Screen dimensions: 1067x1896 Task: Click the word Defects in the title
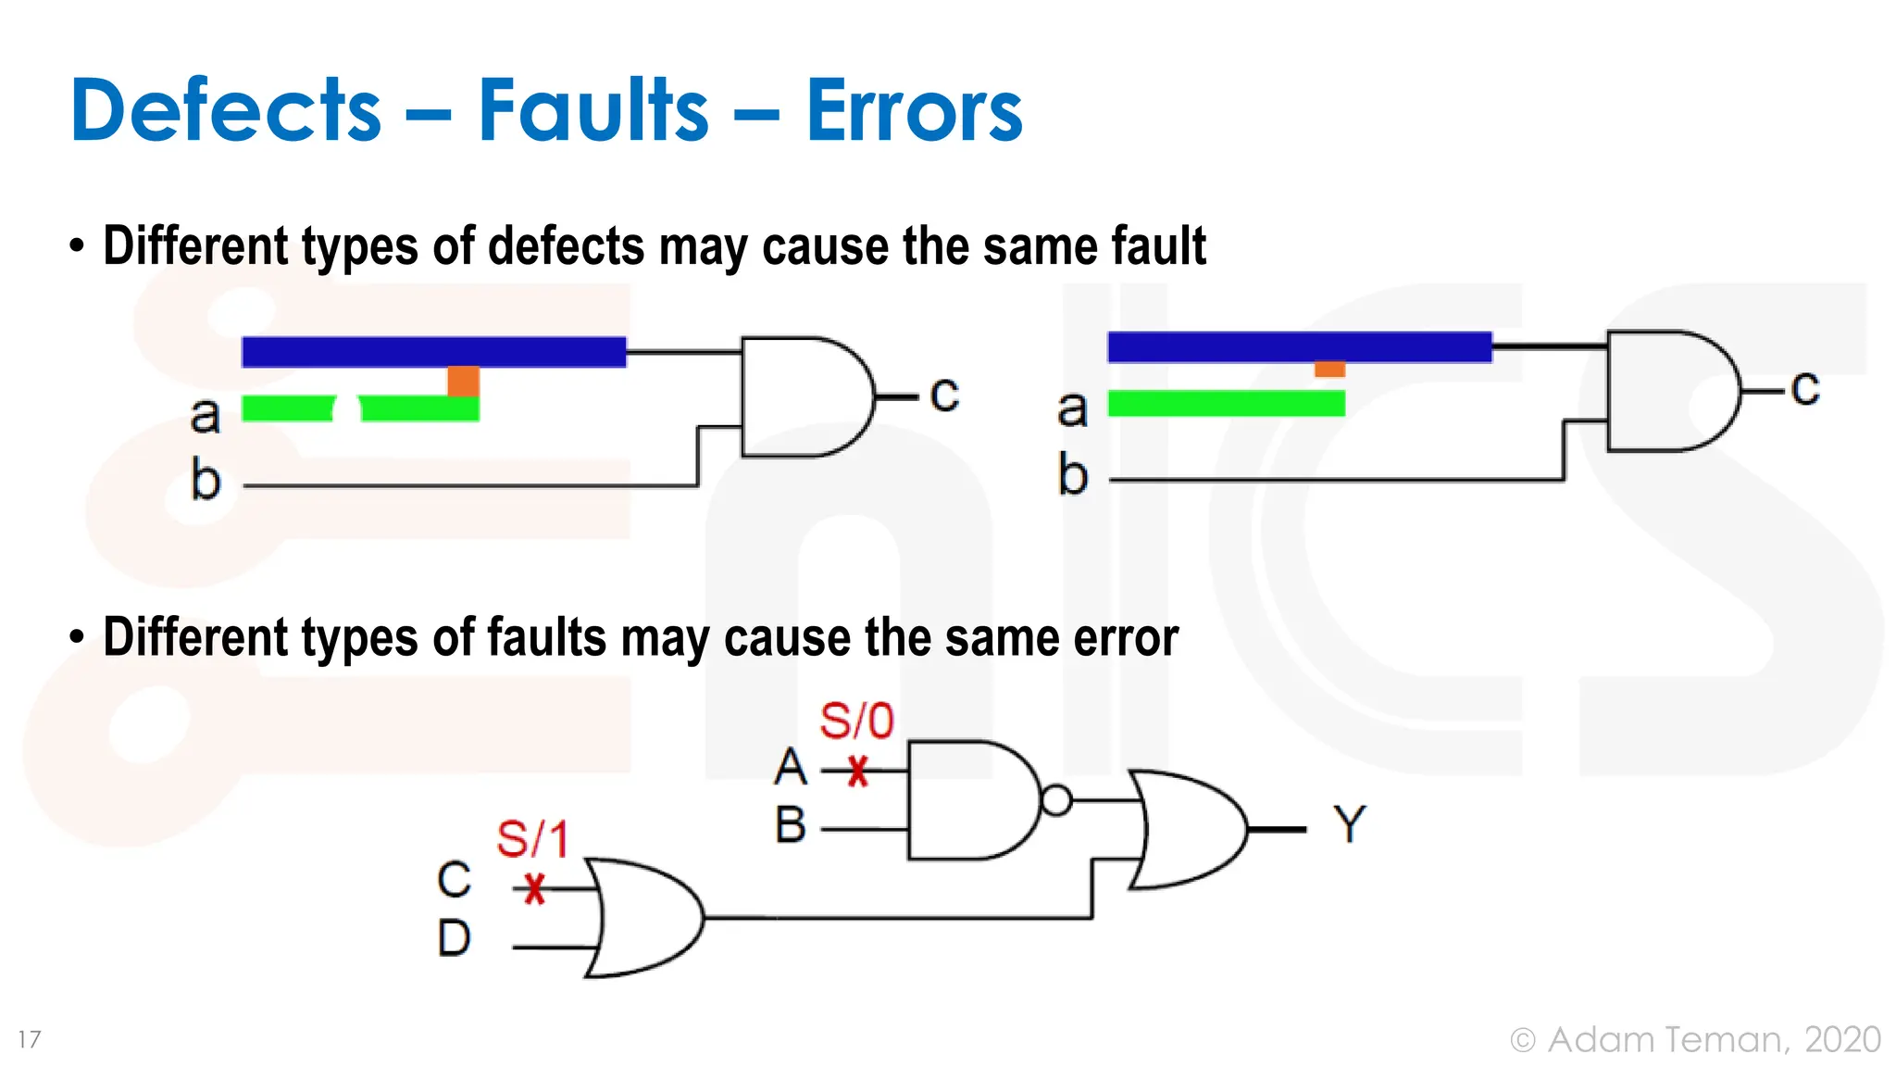point(225,110)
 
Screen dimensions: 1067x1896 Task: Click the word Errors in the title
point(914,110)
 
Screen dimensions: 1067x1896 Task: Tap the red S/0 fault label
point(856,721)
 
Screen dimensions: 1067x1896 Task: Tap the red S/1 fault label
point(532,839)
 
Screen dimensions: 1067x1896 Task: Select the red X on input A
point(858,771)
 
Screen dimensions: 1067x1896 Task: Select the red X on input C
point(534,889)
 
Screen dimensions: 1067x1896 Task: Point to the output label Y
point(1349,823)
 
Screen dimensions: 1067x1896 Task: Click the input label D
point(454,938)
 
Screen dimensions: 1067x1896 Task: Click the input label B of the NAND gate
point(791,824)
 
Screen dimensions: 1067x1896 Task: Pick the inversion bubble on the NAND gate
point(1056,800)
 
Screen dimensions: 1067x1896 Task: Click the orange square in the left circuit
point(463,381)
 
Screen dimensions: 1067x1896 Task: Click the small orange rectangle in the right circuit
point(1329,369)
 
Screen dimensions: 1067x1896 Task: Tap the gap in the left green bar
point(347,408)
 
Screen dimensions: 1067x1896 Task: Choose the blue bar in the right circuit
point(1299,346)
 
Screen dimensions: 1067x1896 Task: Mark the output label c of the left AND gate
point(944,395)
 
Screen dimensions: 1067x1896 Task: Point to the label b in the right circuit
point(1072,474)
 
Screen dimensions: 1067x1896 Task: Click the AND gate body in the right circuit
point(1666,391)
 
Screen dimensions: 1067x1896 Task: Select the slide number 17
point(30,1039)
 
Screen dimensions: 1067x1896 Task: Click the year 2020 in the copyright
point(1842,1039)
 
